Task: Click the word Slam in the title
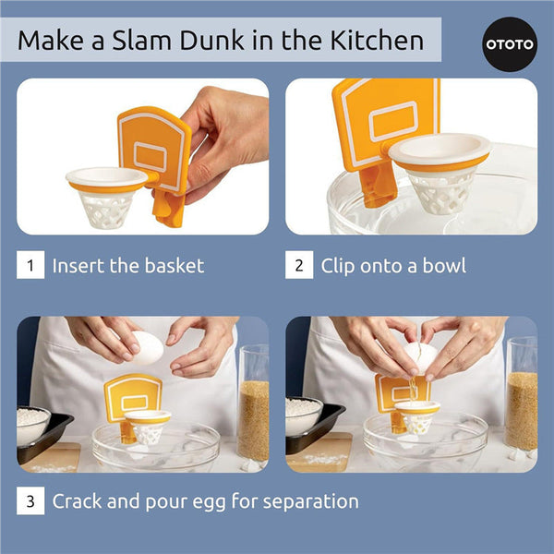[173, 41]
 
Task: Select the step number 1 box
[30, 266]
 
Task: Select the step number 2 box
[298, 266]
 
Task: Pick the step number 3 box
[30, 502]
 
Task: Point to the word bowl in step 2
[441, 266]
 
